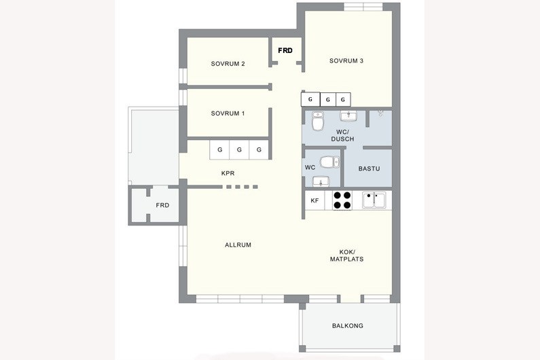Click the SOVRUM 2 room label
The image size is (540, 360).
[228, 64]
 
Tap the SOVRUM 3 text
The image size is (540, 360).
[346, 61]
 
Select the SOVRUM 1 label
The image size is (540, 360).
[228, 113]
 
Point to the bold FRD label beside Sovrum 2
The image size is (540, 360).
[285, 51]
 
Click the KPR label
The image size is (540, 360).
[228, 173]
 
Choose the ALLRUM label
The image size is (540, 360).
[238, 245]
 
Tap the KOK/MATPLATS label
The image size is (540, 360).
[346, 255]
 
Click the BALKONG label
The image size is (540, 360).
[348, 325]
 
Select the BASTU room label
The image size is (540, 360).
[369, 169]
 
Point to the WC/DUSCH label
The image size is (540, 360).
[342, 135]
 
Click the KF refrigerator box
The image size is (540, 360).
[314, 200]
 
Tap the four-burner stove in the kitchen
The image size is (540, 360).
[342, 200]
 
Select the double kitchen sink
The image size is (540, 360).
[374, 200]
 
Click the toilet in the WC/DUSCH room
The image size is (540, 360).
[317, 121]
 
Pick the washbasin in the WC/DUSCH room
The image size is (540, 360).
[348, 116]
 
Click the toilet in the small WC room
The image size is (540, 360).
[329, 162]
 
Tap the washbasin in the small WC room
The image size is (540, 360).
[321, 181]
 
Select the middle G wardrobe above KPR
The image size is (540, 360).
[239, 150]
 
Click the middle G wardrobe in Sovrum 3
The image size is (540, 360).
[328, 100]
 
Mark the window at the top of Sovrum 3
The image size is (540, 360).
[363, 7]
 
